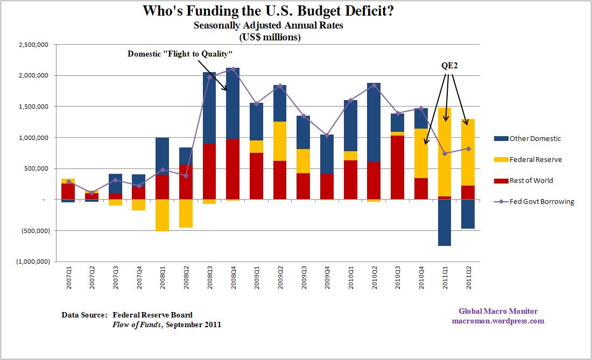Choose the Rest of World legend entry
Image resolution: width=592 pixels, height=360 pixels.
pos(532,180)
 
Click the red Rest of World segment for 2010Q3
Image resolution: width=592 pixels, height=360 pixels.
pos(397,167)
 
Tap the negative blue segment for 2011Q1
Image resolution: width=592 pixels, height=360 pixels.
pos(445,223)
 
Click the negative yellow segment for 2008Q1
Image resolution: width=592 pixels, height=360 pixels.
pos(161,215)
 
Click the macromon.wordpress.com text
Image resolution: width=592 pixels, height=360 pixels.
pos(498,321)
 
